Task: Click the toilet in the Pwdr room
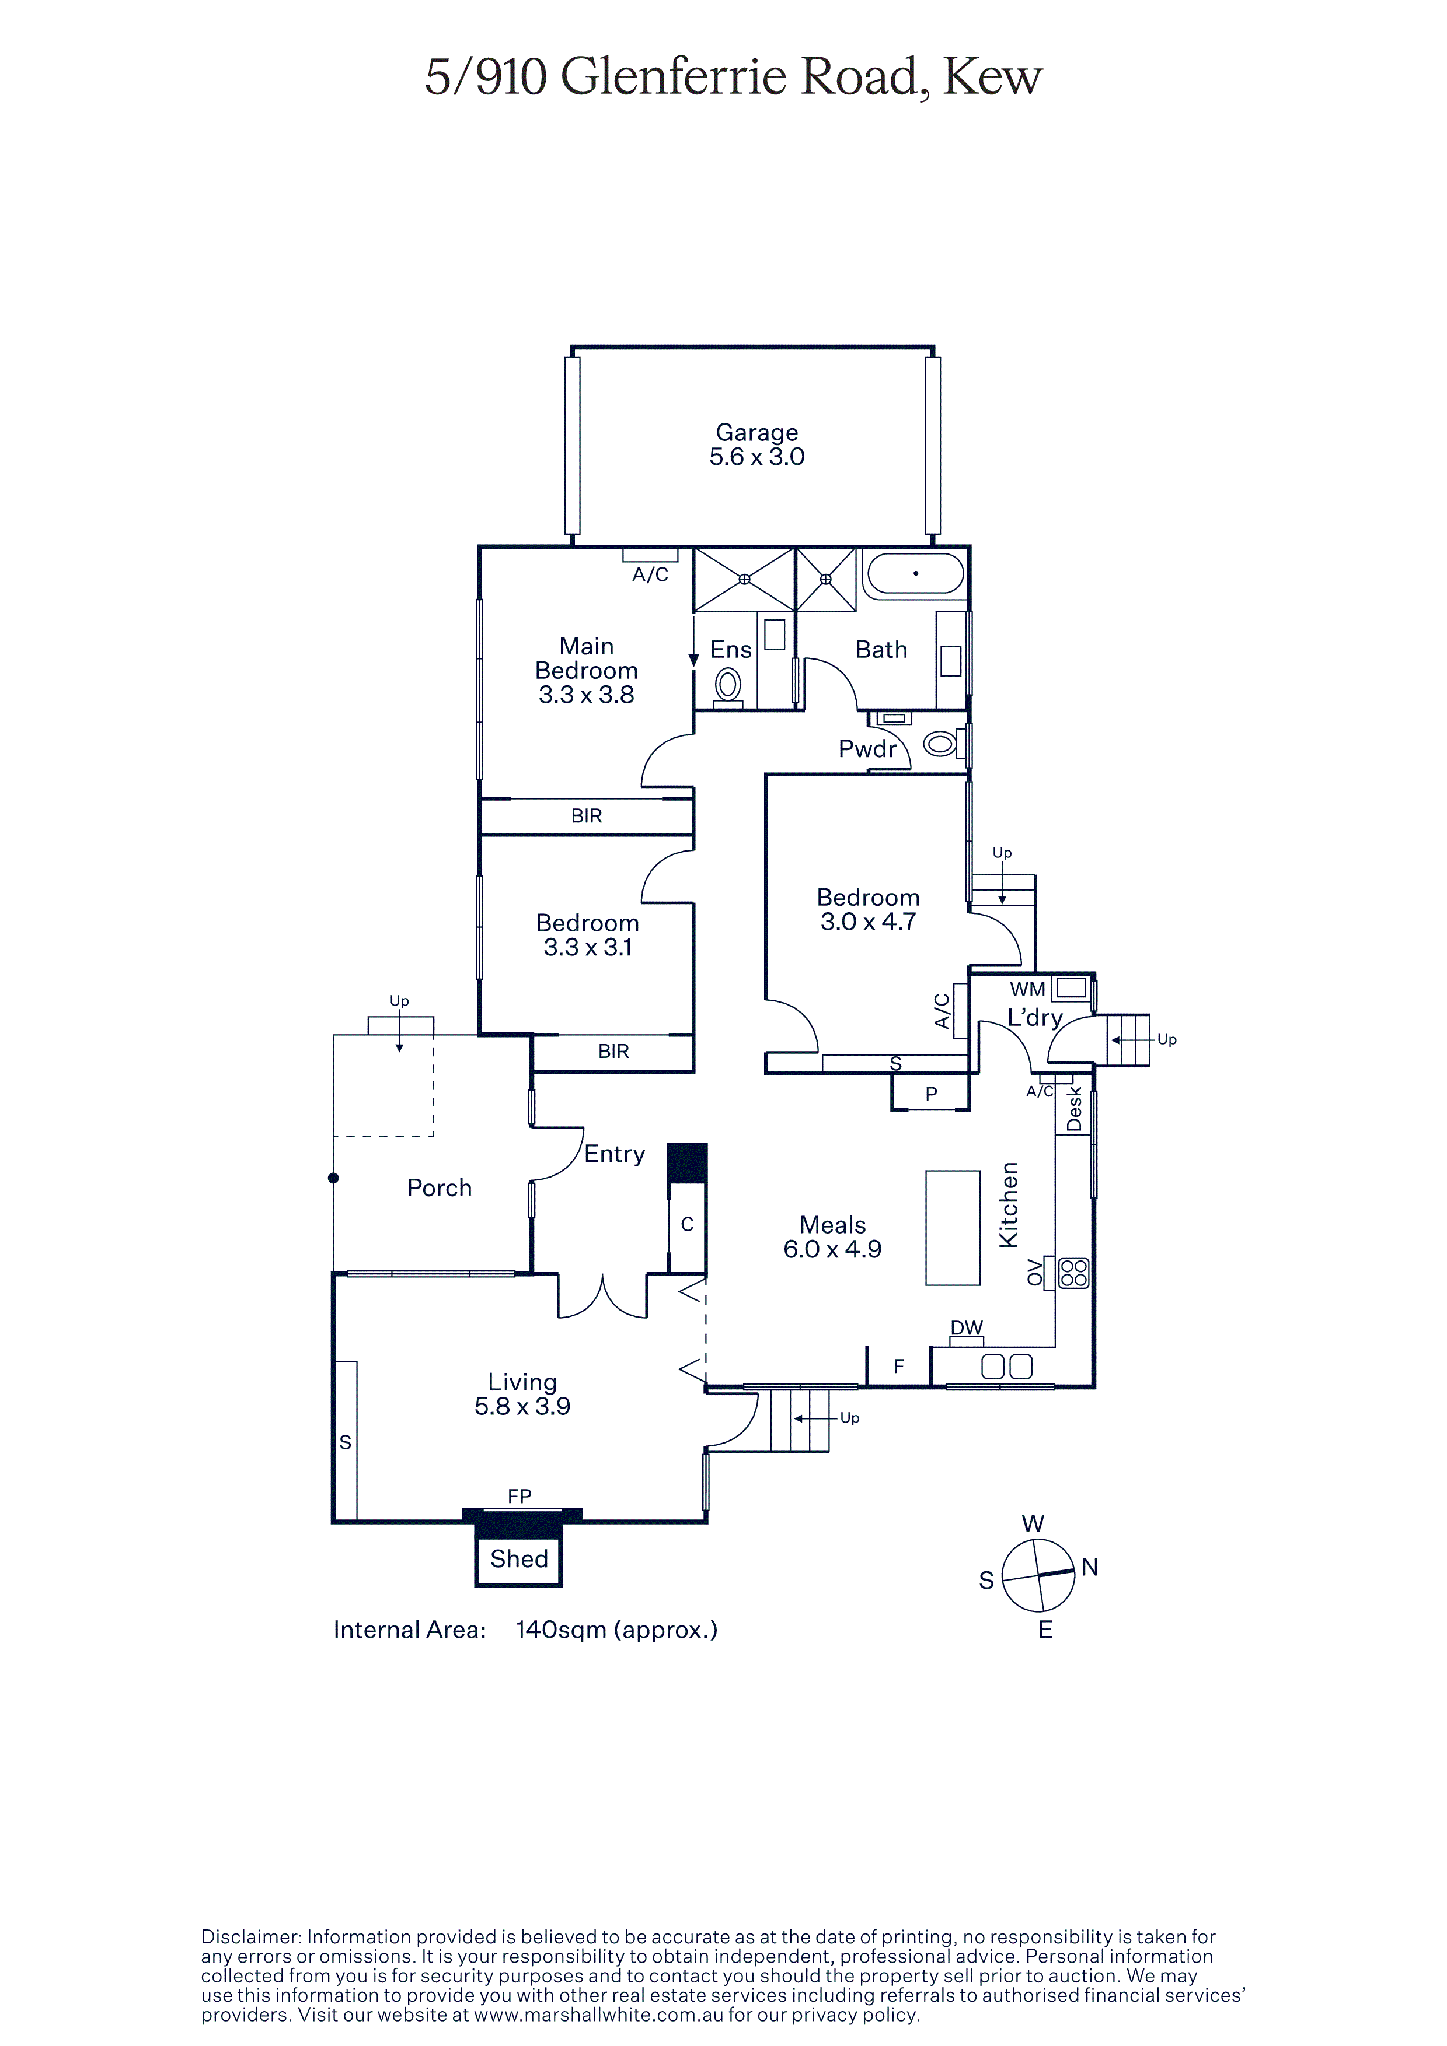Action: pyautogui.click(x=940, y=742)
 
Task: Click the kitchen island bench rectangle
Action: pyautogui.click(x=953, y=1227)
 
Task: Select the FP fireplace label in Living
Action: pyautogui.click(x=519, y=1496)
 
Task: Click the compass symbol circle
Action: pyautogui.click(x=1038, y=1575)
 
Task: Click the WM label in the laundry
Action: pyautogui.click(x=1027, y=989)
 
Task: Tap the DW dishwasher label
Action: pyautogui.click(x=967, y=1328)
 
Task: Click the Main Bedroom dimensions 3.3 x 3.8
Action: pyautogui.click(x=587, y=695)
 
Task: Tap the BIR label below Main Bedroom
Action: pyautogui.click(x=587, y=815)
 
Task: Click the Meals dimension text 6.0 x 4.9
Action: pyautogui.click(x=833, y=1249)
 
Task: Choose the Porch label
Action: pyautogui.click(x=440, y=1188)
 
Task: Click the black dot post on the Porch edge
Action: pyautogui.click(x=333, y=1178)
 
